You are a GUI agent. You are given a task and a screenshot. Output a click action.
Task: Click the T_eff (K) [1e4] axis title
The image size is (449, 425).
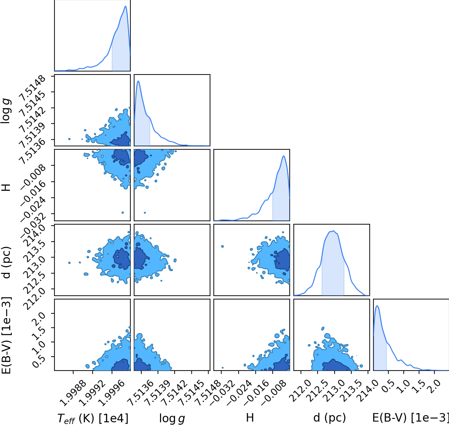(93, 418)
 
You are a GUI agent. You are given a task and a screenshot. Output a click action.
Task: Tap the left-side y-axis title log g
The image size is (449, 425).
(6, 111)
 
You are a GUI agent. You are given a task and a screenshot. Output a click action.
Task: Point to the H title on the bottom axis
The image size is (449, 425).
(250, 418)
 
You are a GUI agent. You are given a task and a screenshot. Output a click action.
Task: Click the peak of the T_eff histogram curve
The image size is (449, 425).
(125, 6)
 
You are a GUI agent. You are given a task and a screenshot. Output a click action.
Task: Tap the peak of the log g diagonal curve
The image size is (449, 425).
(138, 81)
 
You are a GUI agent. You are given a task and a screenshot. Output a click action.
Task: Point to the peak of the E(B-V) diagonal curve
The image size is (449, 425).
(377, 306)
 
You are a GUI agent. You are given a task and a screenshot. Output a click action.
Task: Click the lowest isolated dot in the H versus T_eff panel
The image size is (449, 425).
(123, 213)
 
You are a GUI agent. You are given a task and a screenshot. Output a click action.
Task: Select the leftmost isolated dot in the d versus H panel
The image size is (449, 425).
(222, 246)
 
